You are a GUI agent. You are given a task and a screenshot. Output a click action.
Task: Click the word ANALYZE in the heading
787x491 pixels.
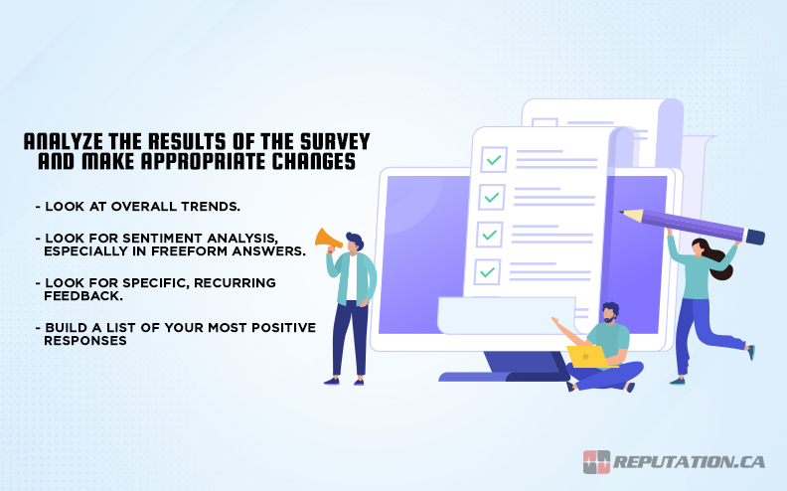56,141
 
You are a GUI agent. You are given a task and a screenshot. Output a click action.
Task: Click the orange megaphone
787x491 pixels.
327,240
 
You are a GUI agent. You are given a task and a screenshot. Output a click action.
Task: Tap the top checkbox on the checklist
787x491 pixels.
493,159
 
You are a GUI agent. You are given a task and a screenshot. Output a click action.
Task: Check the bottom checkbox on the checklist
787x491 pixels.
488,269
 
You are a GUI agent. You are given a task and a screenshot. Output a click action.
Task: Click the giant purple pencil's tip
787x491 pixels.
622,212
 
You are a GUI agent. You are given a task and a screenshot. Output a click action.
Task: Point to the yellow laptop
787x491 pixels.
587,355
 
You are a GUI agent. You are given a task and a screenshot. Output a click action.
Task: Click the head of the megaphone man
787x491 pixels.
354,242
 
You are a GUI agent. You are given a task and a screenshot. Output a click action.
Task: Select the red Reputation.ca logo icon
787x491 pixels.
596,462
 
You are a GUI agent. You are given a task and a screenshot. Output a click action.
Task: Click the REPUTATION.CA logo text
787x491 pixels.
689,462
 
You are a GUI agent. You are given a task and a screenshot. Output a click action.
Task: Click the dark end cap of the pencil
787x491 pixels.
754,238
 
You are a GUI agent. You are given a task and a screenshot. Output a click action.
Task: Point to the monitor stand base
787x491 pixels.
502,376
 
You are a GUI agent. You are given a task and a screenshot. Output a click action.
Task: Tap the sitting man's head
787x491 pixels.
609,314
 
